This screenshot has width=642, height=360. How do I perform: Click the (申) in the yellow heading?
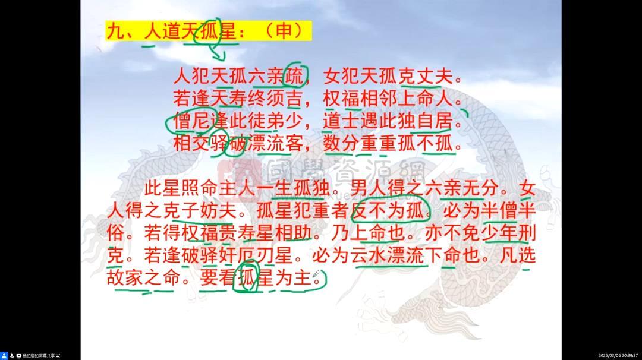point(285,31)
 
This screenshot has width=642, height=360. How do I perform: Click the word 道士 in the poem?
point(339,121)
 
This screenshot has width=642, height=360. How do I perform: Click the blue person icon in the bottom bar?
point(4,355)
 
